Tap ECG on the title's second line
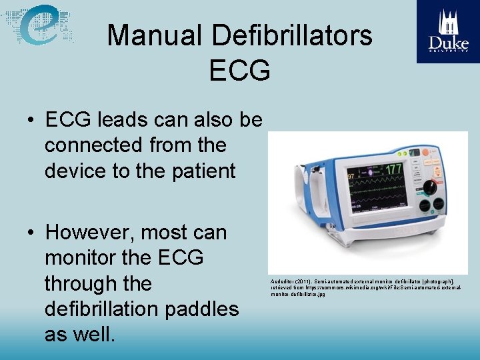pos(239,69)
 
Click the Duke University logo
pos(448,31)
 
